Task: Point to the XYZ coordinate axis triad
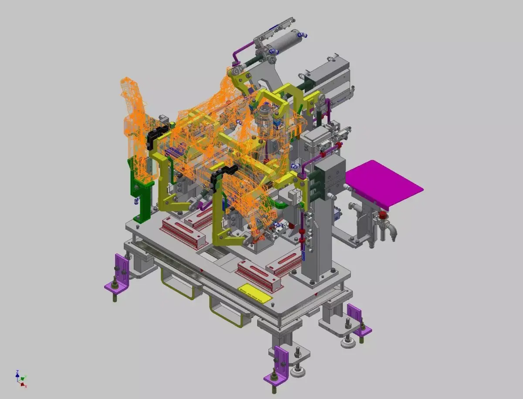coord(20,379)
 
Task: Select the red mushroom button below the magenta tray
coord(382,215)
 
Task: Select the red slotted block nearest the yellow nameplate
coord(257,274)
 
